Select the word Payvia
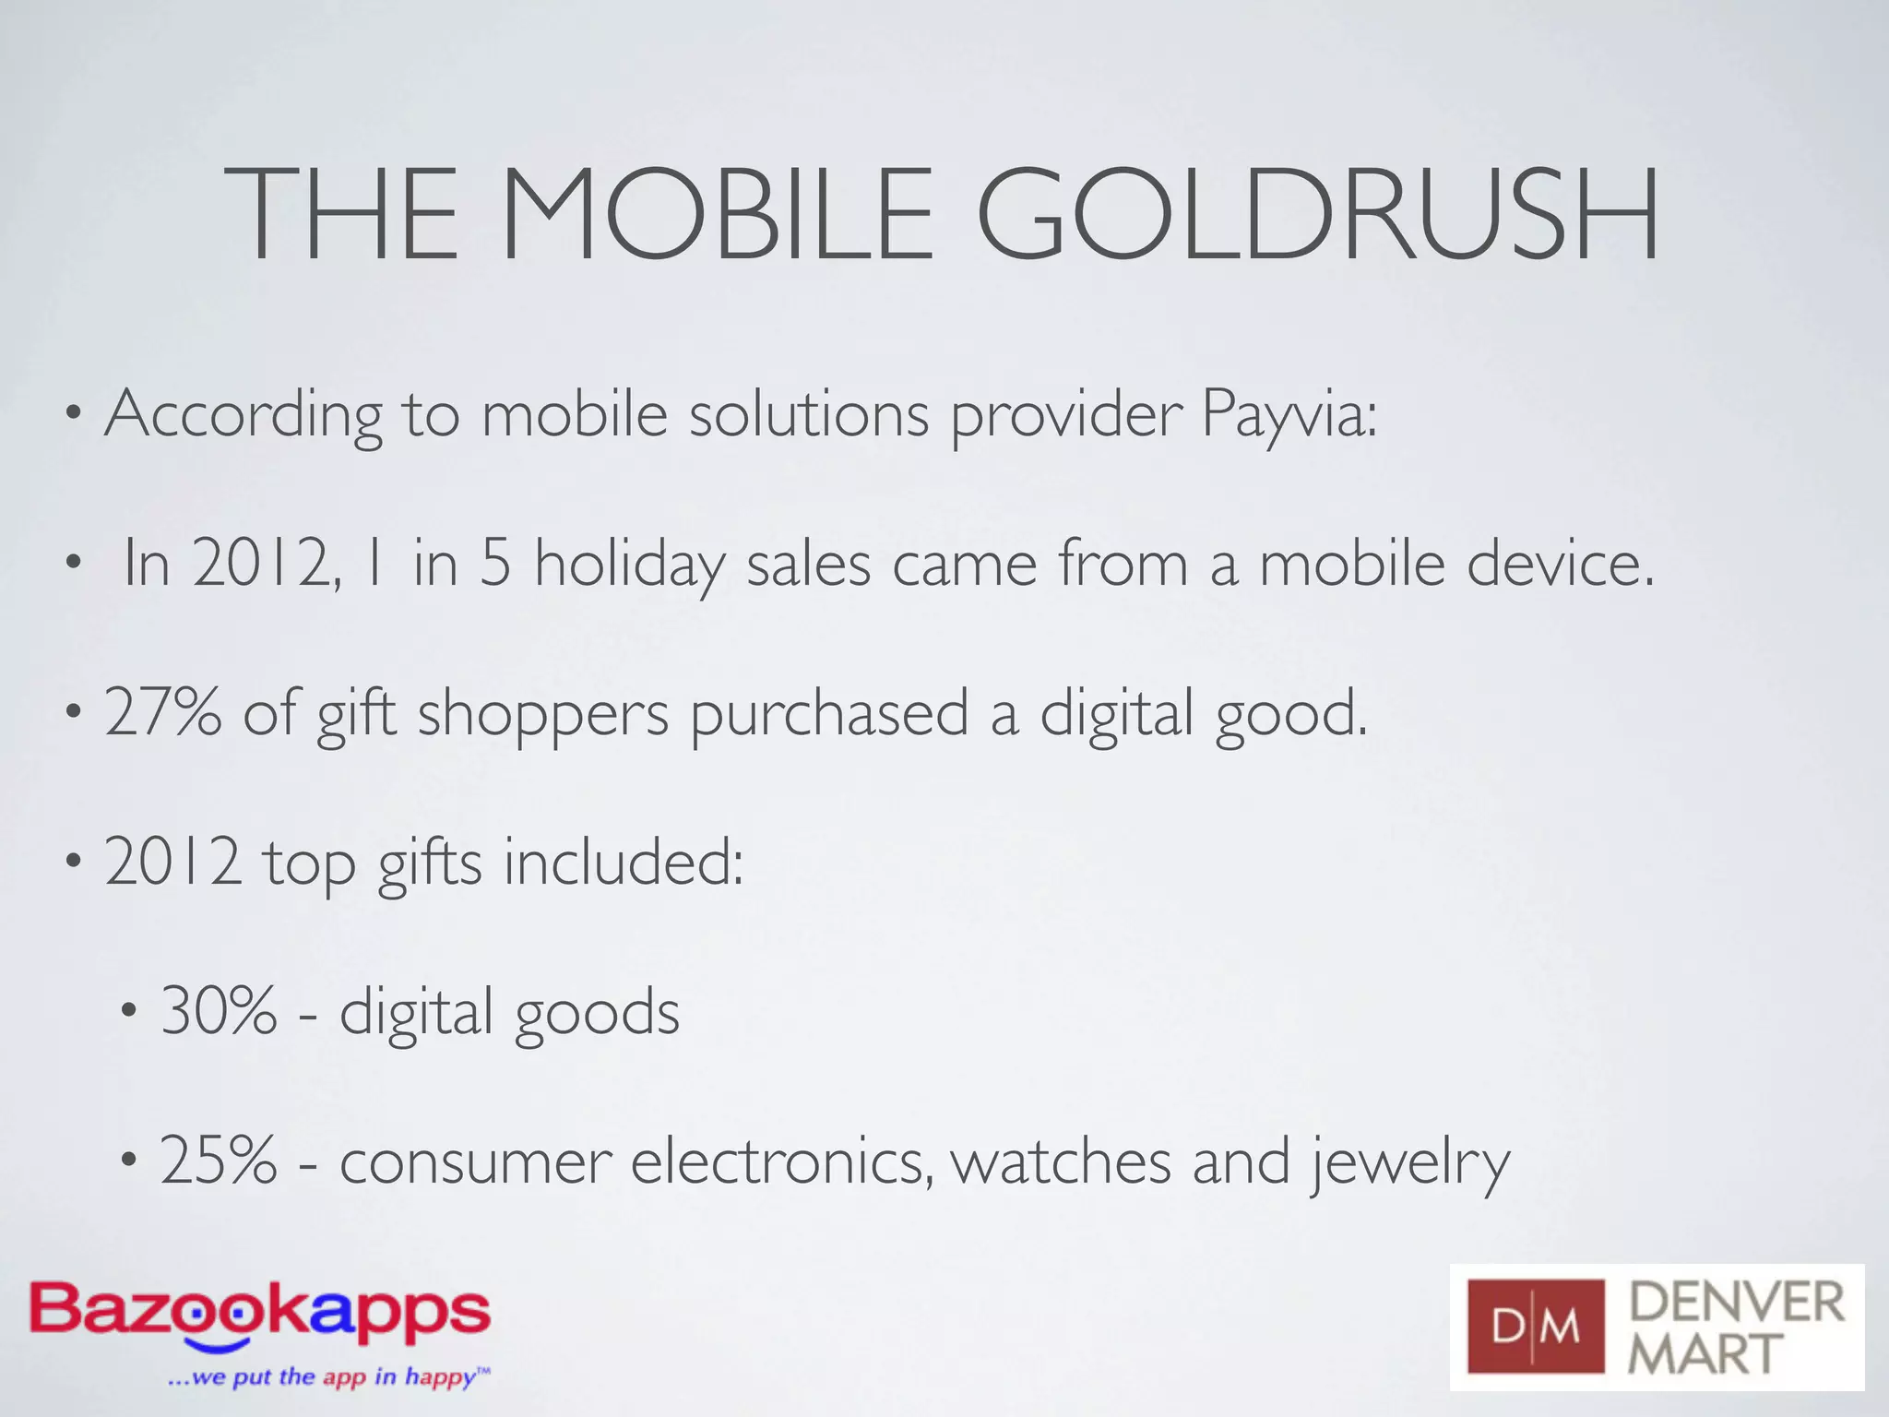click(x=1288, y=415)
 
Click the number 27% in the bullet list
click(x=163, y=712)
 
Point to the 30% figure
click(x=219, y=1011)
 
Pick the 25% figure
click(x=219, y=1161)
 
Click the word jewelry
click(x=1411, y=1164)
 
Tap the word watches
click(x=1061, y=1161)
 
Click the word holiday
click(x=629, y=565)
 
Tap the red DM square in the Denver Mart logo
click(x=1536, y=1327)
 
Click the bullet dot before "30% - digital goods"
click(x=130, y=1013)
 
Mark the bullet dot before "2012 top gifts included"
click(x=74, y=863)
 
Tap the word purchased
click(x=829, y=714)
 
